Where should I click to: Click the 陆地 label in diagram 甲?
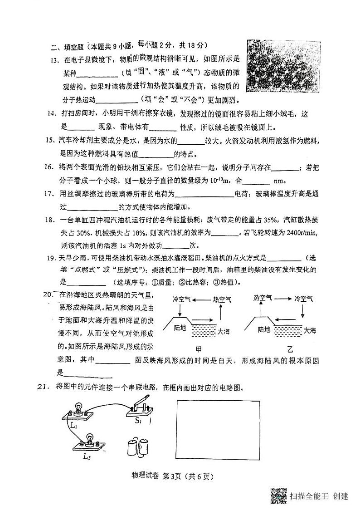click(181, 330)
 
